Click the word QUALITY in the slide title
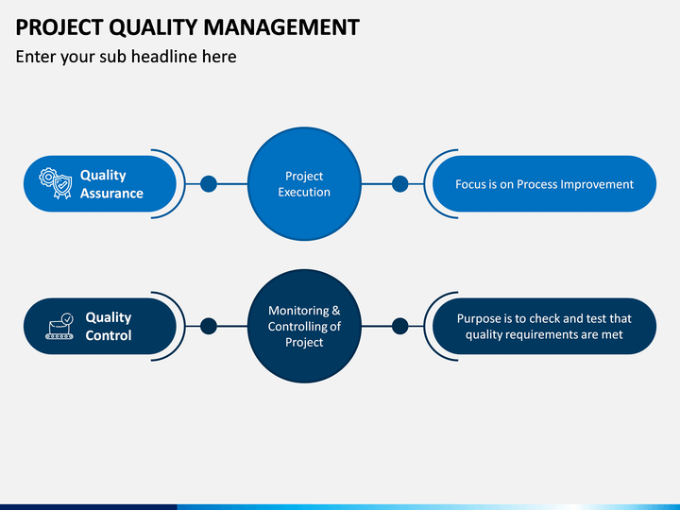point(154,27)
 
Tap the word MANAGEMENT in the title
point(281,26)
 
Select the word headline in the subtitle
point(163,57)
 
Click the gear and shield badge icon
point(56,183)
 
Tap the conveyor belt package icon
point(59,326)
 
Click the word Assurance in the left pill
point(111,193)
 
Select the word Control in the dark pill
point(109,335)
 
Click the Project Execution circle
point(304,184)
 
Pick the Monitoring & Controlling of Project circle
point(304,326)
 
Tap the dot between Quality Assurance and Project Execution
point(209,184)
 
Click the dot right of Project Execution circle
point(399,184)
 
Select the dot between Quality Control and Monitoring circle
point(209,326)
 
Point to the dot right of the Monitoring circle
point(399,326)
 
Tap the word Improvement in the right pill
point(597,185)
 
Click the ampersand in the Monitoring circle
point(335,311)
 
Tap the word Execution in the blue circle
point(304,192)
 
